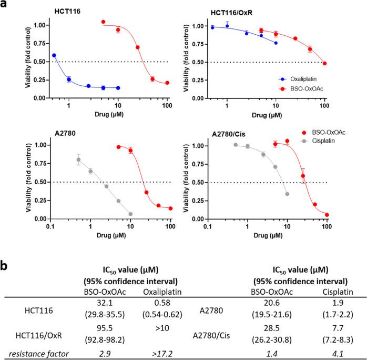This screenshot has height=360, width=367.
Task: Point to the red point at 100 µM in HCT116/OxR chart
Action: coord(324,64)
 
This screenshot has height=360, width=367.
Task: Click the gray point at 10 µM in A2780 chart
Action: coord(130,214)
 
